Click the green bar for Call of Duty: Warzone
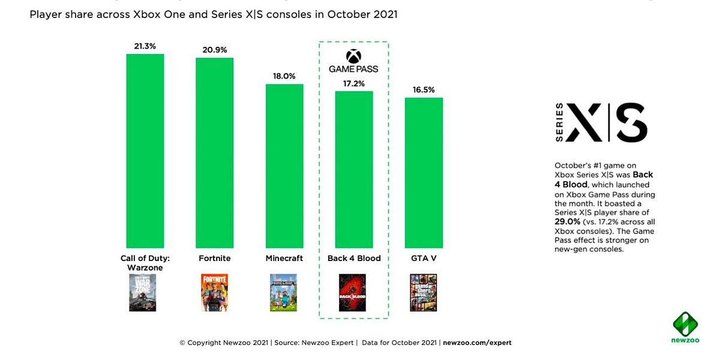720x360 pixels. click(x=145, y=150)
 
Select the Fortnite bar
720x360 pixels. click(x=214, y=153)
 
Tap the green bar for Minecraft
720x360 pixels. click(x=284, y=166)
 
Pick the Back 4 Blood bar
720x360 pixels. click(x=354, y=169)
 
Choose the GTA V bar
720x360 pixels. click(x=424, y=173)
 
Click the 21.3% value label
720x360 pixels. click(x=145, y=46)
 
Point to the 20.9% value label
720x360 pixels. click(x=214, y=50)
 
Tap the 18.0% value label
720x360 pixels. click(x=284, y=76)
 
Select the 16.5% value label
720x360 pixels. click(x=424, y=89)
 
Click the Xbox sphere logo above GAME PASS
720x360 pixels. click(x=354, y=56)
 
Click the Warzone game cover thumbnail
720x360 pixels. click(x=142, y=292)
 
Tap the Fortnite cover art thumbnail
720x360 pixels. click(x=214, y=292)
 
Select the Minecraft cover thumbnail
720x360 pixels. click(x=283, y=292)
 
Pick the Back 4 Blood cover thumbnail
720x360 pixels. click(x=352, y=292)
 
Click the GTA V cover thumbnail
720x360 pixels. click(x=423, y=292)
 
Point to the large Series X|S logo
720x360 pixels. click(x=602, y=122)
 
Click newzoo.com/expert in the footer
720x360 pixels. click(x=477, y=343)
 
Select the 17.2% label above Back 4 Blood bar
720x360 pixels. click(x=354, y=83)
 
